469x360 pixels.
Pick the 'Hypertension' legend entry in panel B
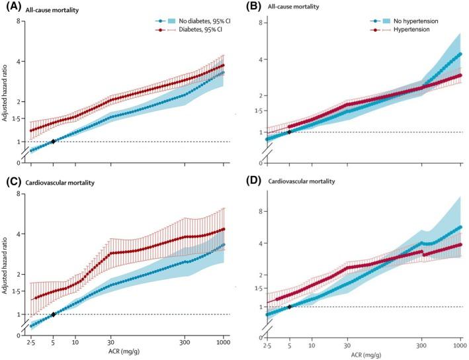click(x=413, y=30)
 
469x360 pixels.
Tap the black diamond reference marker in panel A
click(x=54, y=141)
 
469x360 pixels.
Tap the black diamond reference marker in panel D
click(x=289, y=306)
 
